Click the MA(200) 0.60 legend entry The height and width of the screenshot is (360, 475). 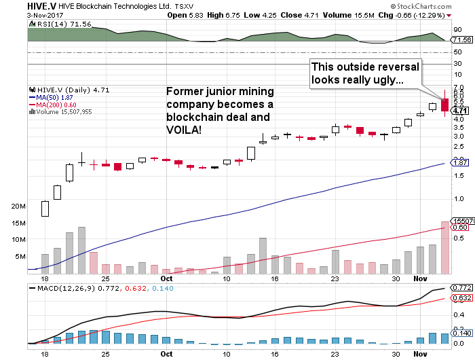click(x=56, y=105)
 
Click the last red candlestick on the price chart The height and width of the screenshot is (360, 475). click(x=444, y=105)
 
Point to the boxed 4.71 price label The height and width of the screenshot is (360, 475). click(x=460, y=111)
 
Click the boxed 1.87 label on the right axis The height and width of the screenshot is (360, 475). click(x=460, y=163)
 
